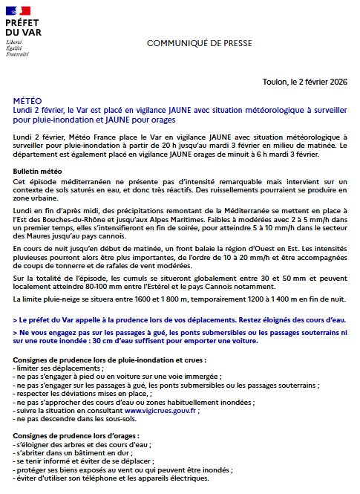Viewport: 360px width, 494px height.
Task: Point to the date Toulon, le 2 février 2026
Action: tap(305, 82)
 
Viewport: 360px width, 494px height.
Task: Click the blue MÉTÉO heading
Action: tap(27, 100)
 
